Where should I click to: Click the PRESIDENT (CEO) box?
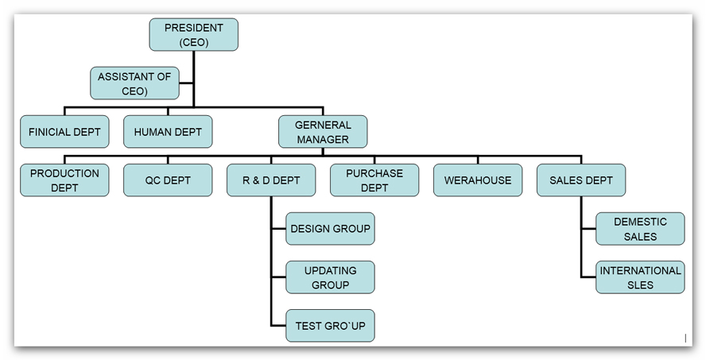pyautogui.click(x=193, y=35)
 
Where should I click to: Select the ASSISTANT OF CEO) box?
pyautogui.click(x=134, y=83)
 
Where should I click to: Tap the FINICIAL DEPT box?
pyautogui.click(x=64, y=132)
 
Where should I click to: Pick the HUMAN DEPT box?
pyautogui.click(x=168, y=132)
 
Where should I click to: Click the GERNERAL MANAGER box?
pyautogui.click(x=323, y=132)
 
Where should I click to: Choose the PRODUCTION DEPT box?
pyautogui.click(x=64, y=180)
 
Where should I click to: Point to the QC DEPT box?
pyautogui.click(x=168, y=180)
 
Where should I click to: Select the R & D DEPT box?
pyautogui.click(x=271, y=180)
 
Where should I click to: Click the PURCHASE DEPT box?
pyautogui.click(x=374, y=180)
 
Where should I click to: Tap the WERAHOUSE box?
pyautogui.click(x=478, y=180)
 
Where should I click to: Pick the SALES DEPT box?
pyautogui.click(x=581, y=180)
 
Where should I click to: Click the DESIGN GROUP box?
pyautogui.click(x=330, y=229)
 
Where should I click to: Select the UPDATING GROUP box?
pyautogui.click(x=330, y=277)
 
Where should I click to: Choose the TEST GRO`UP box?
pyautogui.click(x=330, y=326)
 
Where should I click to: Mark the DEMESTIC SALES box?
pyautogui.click(x=640, y=229)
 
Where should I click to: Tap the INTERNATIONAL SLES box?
pyautogui.click(x=640, y=277)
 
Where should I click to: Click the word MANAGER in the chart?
pyautogui.click(x=323, y=140)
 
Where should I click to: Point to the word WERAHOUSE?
pyautogui.click(x=478, y=180)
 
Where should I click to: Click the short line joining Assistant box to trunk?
pyautogui.click(x=186, y=83)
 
